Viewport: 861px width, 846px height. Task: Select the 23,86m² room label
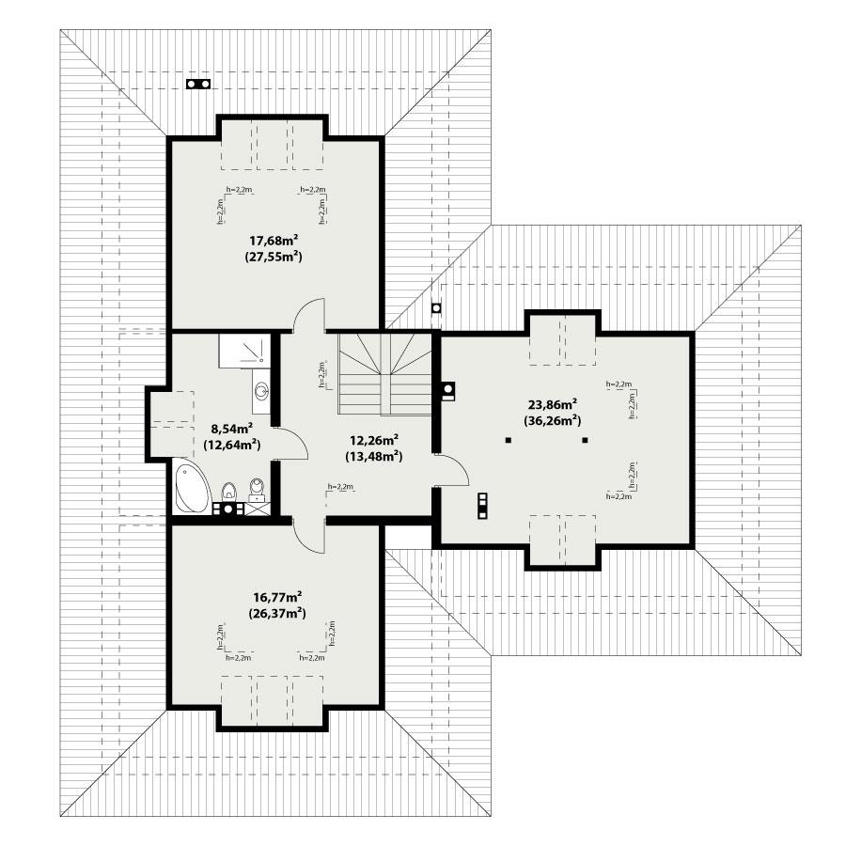click(x=554, y=404)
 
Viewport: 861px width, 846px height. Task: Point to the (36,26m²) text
click(x=554, y=420)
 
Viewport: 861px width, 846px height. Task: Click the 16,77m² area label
click(x=278, y=597)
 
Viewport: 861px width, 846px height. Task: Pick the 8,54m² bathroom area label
click(x=232, y=429)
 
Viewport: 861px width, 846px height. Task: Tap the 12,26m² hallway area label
click(x=373, y=441)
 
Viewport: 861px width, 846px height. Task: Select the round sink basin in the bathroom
click(x=260, y=388)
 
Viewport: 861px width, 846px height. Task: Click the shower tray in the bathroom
click(x=243, y=351)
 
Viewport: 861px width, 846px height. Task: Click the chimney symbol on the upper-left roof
click(x=197, y=84)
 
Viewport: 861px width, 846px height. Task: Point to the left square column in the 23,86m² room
click(x=507, y=440)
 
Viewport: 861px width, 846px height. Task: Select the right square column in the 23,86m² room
click(x=585, y=440)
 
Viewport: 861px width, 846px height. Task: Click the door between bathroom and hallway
click(x=292, y=443)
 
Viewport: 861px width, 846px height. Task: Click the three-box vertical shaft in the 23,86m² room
click(x=483, y=506)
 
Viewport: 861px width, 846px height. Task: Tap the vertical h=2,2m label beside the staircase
click(x=321, y=374)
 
